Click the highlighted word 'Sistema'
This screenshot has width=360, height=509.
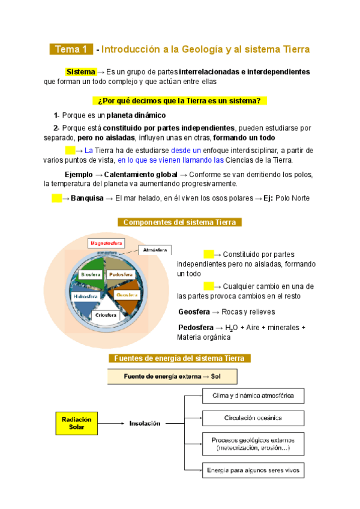pos(80,72)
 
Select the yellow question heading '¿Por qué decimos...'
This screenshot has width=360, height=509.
pos(180,101)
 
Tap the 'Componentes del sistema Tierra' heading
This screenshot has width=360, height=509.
pos(180,223)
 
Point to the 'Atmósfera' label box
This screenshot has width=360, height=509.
pos(155,250)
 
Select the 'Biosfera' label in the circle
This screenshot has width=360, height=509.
pos(91,274)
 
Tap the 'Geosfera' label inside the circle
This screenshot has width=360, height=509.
pos(128,295)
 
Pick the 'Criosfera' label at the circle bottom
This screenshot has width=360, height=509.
pos(105,315)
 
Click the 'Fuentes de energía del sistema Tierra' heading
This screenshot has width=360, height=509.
pos(179,358)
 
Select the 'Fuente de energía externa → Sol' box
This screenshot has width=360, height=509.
pos(172,376)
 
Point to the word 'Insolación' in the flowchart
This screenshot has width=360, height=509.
pos(144,423)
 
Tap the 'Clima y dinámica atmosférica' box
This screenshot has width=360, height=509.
pos(253,396)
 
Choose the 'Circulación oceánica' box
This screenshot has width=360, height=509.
pos(253,417)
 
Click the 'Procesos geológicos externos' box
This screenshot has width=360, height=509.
pos(253,444)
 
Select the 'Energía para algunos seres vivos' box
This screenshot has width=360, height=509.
pos(253,469)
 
